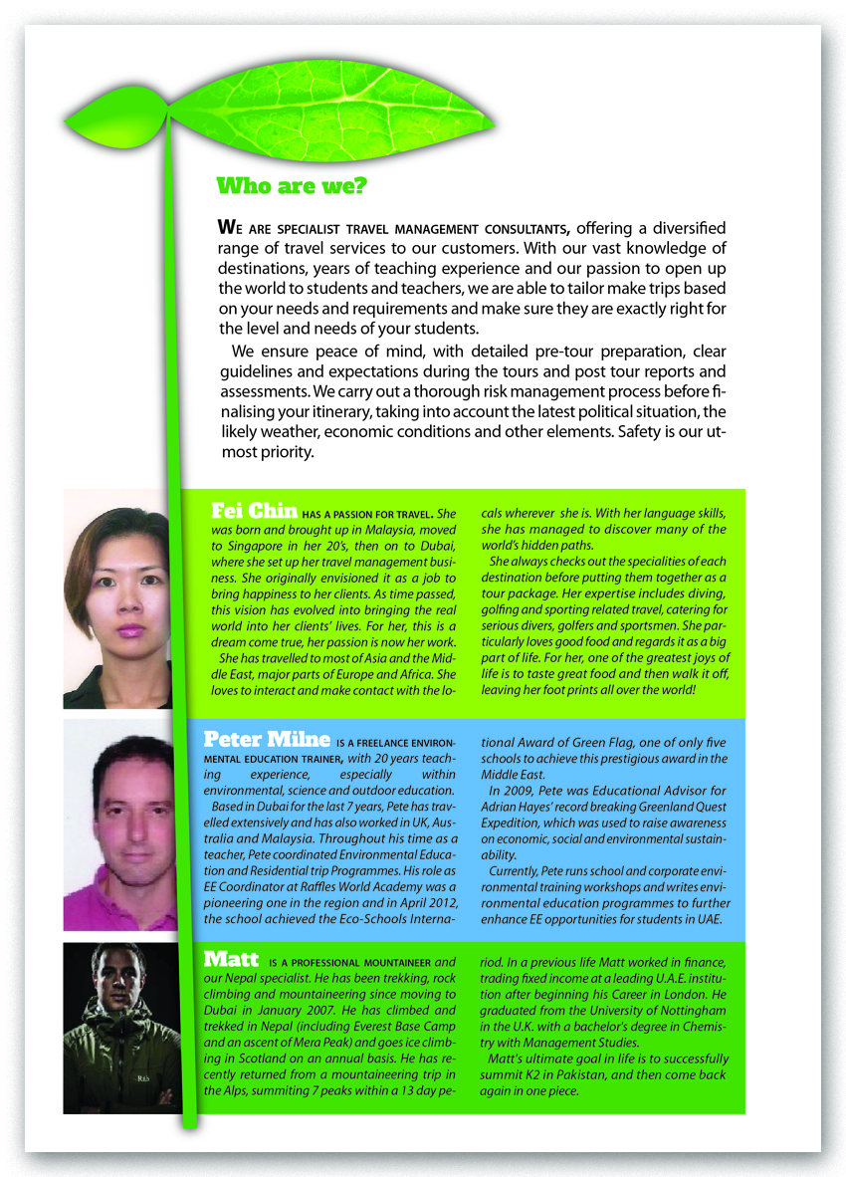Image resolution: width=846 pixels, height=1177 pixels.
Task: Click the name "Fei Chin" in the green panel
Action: click(254, 512)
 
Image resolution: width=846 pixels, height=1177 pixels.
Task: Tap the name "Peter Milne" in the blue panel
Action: click(267, 739)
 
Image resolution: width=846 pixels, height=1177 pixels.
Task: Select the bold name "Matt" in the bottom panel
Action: click(231, 960)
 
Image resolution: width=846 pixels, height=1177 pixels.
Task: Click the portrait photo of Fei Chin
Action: click(117, 597)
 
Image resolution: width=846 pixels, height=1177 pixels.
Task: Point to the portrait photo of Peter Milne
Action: click(119, 824)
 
